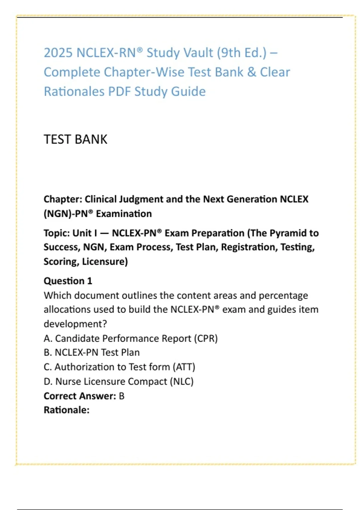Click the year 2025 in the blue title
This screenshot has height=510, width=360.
click(58, 53)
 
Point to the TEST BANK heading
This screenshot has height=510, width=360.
click(75, 139)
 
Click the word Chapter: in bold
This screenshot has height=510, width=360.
click(63, 199)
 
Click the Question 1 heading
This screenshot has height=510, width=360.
click(68, 281)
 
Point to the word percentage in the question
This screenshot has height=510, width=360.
click(283, 295)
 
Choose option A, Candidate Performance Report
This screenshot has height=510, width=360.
click(130, 338)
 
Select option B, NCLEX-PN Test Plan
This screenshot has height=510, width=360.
click(91, 352)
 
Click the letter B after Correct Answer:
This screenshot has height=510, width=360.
click(121, 396)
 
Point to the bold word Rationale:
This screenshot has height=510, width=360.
click(67, 410)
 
